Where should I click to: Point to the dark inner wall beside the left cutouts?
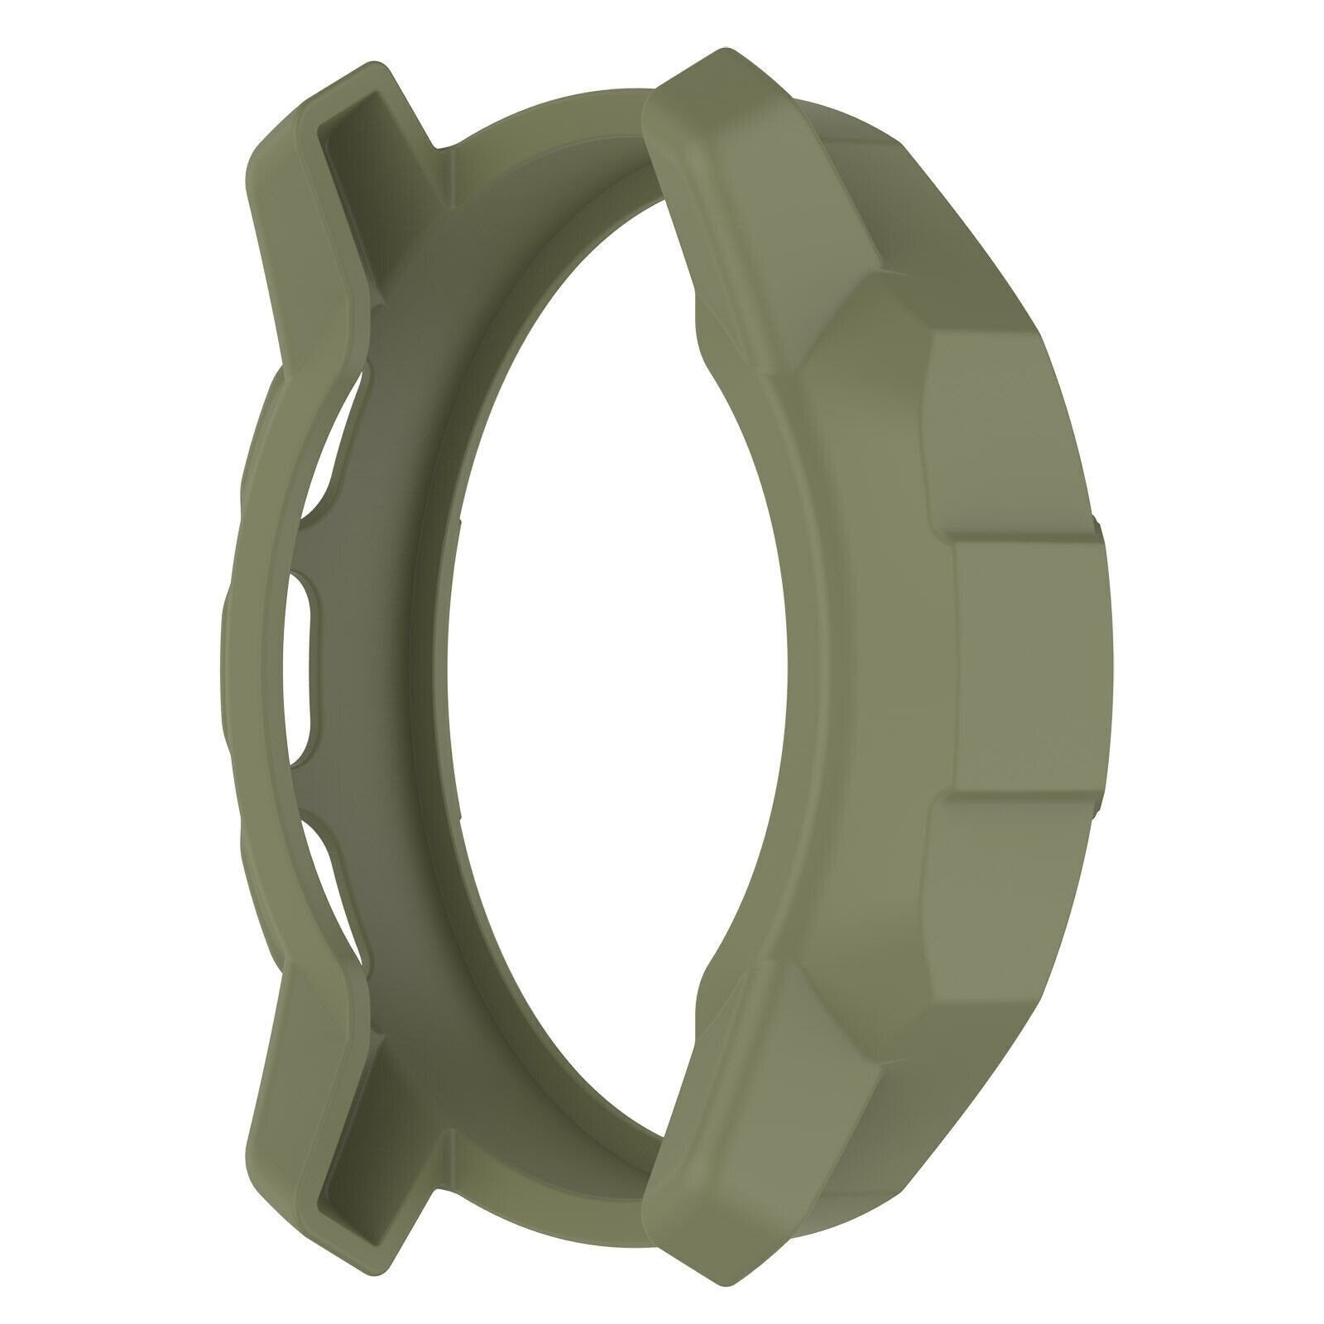click(x=389, y=662)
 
